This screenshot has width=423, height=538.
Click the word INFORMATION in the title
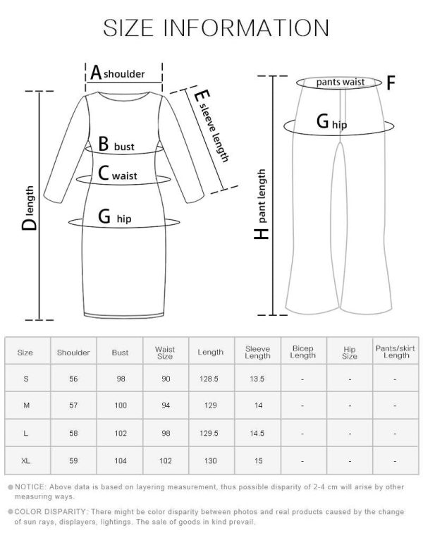point(246,27)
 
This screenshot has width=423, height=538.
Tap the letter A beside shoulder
point(96,73)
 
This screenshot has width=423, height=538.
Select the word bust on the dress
point(124,147)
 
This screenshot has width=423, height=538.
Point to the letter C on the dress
point(103,173)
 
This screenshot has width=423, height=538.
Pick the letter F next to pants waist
point(391,82)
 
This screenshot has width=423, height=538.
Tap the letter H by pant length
point(262,233)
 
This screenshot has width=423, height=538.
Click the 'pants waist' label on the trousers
point(341,82)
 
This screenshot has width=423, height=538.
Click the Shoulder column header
point(73,353)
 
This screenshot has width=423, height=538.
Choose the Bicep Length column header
point(302,352)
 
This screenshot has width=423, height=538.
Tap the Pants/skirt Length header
point(396,352)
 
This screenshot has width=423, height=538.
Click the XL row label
point(25,461)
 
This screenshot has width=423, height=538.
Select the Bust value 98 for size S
point(121,379)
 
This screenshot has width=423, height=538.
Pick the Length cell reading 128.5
point(209,379)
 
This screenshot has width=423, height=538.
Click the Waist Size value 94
point(166,405)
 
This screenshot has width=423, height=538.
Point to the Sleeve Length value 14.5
point(257,434)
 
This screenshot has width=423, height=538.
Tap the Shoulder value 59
point(73,461)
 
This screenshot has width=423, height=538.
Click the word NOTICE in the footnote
point(30,487)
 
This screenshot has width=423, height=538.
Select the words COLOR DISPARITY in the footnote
point(50,512)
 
